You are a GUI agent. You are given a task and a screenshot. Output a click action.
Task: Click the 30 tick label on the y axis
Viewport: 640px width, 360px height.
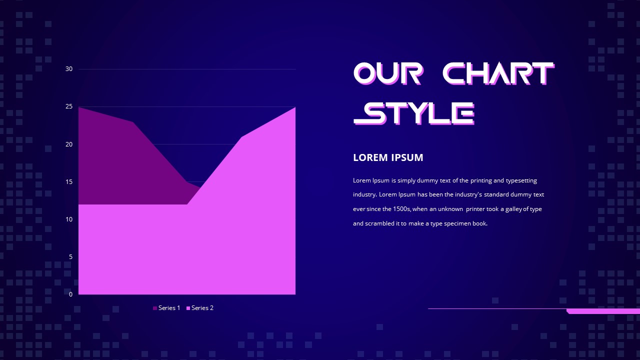[x=69, y=69]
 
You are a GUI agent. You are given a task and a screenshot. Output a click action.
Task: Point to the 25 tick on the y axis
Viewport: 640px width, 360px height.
[x=69, y=106]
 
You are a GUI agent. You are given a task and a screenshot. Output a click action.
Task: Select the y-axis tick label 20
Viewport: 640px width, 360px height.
[x=69, y=144]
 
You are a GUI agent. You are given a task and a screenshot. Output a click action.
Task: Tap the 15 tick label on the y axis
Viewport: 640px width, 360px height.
[x=69, y=182]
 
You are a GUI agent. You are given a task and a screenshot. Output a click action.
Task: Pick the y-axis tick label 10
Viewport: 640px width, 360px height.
[x=69, y=219]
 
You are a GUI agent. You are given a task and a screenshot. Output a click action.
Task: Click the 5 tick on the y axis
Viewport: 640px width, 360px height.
[x=70, y=257]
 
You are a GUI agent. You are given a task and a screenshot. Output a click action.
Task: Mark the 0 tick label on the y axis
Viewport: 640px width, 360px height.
[x=70, y=294]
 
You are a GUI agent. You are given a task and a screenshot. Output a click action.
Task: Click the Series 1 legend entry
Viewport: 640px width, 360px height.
[x=166, y=308]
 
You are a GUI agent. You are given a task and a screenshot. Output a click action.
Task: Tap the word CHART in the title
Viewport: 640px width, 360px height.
[x=498, y=73]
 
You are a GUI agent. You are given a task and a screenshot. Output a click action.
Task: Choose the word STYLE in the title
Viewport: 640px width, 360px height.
[x=413, y=113]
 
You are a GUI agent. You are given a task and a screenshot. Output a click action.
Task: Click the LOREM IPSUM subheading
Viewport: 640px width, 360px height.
[x=388, y=157]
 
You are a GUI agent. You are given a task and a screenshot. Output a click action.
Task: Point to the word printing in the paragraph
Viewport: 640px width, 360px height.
[x=481, y=180]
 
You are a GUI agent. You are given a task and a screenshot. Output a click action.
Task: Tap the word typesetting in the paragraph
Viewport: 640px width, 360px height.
[x=521, y=180]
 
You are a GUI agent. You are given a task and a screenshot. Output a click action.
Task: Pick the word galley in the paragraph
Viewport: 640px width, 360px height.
[x=513, y=209]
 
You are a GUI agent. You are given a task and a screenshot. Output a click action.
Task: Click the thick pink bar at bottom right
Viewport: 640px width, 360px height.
[x=603, y=311]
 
